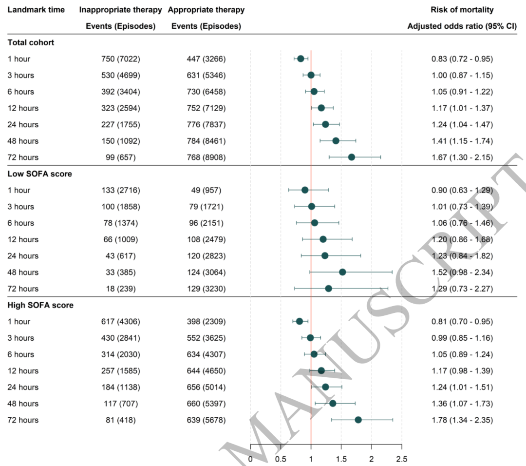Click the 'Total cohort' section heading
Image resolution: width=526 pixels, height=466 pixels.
[31, 42]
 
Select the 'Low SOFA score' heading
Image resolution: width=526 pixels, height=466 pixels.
[39, 174]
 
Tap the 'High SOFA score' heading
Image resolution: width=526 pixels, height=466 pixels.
[40, 305]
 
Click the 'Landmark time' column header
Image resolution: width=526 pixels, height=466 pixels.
[36, 10]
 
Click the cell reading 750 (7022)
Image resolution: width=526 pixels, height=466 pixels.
[120, 59]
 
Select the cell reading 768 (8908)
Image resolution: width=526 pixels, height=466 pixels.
[206, 157]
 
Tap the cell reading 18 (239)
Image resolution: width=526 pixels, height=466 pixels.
[120, 289]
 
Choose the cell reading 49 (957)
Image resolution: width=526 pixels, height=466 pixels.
[206, 190]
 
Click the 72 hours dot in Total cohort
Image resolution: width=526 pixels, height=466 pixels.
[352, 157]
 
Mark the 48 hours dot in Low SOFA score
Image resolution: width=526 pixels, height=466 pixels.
[342, 272]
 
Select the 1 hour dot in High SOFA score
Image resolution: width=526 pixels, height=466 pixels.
[300, 321]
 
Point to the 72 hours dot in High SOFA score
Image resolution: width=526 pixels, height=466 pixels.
[358, 420]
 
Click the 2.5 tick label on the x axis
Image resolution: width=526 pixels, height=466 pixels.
[401, 459]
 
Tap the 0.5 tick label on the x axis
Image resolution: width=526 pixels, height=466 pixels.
[281, 459]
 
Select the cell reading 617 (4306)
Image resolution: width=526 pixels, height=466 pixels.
[120, 322]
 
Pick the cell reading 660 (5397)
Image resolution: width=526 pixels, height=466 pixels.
[206, 404]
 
